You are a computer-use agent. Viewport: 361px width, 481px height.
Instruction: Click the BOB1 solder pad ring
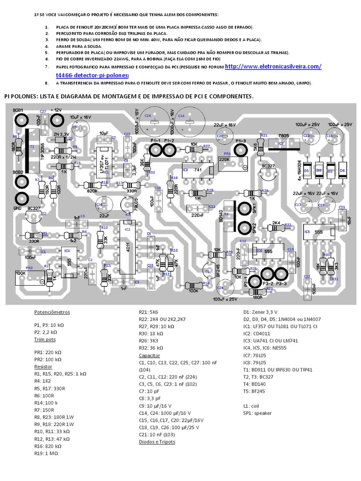21,121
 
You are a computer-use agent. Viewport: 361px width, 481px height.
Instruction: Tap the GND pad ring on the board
21,198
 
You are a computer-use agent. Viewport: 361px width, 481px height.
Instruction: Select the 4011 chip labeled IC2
127,246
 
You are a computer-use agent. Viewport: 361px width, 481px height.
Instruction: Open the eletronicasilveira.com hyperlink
274,67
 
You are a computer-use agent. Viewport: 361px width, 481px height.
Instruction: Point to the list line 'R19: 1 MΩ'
49,454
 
